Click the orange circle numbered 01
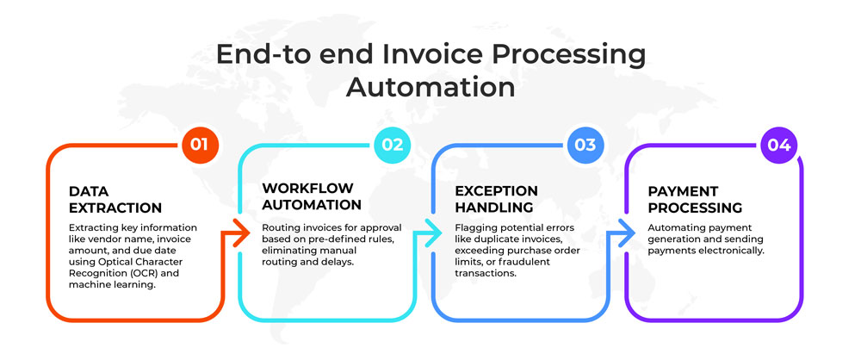200,145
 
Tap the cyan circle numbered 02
393,145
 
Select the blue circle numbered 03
585,145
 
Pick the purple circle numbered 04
779,145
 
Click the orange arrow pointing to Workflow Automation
236,233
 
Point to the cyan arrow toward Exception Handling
428,233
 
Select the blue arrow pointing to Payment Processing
622,233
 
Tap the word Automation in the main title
430,88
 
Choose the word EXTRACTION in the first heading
115,208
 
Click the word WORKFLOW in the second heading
307,189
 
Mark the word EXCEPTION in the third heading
497,190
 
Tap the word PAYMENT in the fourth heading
683,191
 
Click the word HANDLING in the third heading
494,208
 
